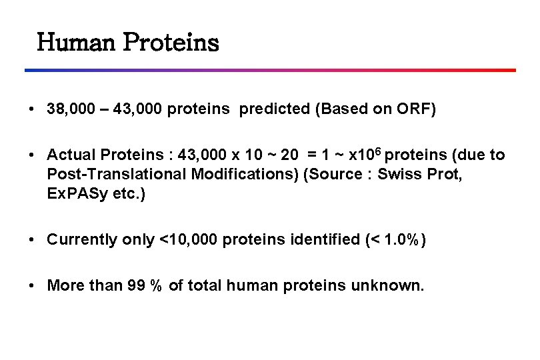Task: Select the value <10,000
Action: point(189,239)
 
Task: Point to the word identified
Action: point(325,239)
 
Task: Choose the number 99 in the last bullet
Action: point(135,286)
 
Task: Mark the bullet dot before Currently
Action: point(32,240)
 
